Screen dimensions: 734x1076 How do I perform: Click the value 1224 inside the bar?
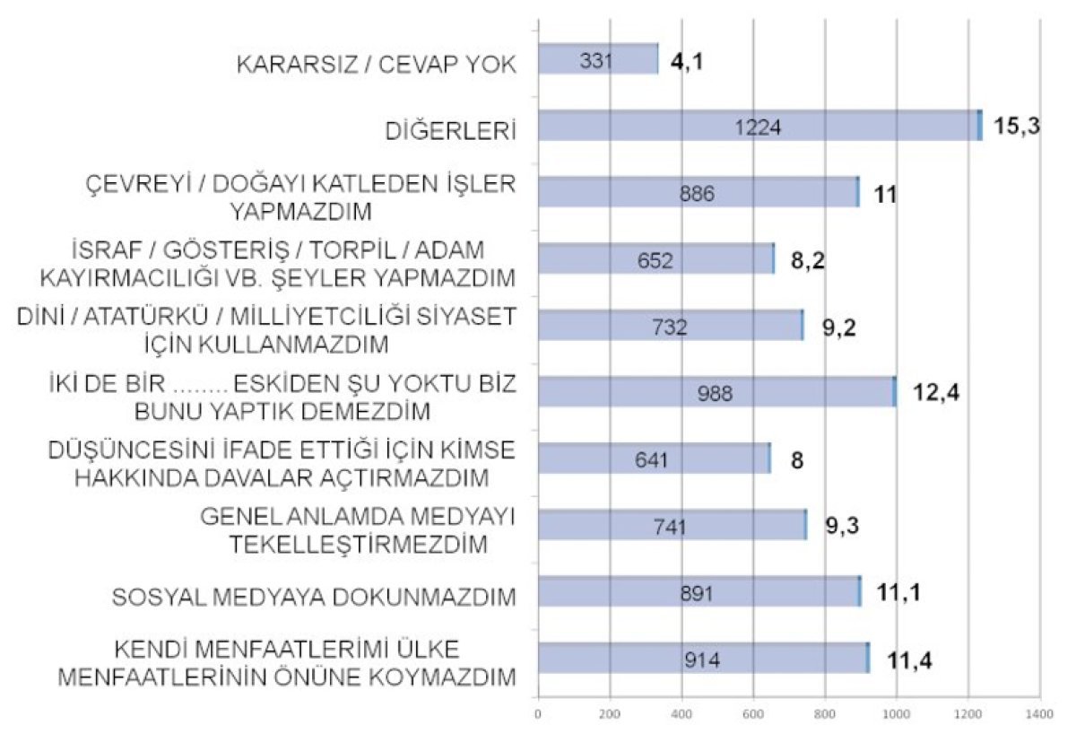pos(758,127)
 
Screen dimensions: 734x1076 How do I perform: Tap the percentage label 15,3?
pos(1017,126)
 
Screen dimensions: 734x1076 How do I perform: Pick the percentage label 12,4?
pos(935,392)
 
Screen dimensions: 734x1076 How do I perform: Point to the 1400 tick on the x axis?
pos(1038,714)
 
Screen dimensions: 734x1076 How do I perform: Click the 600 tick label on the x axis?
pos(753,714)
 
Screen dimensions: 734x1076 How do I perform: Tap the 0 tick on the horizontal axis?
pos(537,714)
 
